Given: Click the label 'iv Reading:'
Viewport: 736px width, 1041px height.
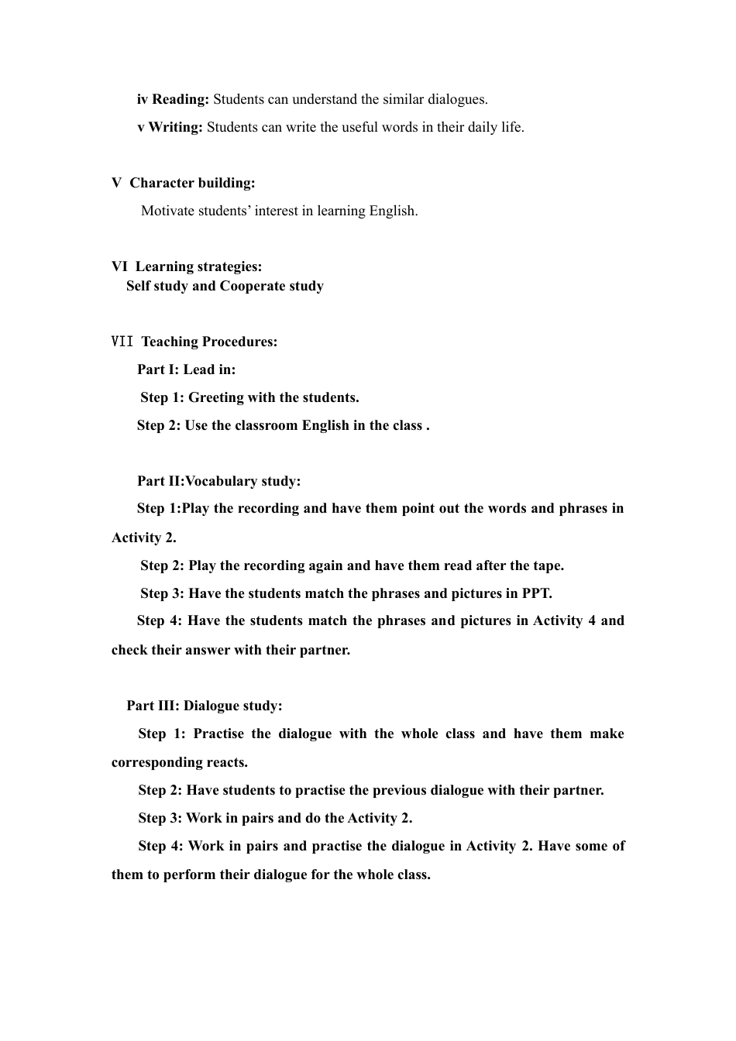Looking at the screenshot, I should tap(173, 99).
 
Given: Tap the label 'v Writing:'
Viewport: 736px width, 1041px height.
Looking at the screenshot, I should tap(170, 127).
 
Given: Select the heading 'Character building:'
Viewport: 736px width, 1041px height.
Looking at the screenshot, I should tap(192, 183).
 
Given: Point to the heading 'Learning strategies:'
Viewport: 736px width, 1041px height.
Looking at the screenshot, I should tap(198, 266).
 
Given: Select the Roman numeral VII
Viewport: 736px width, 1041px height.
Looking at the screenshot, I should tap(122, 342).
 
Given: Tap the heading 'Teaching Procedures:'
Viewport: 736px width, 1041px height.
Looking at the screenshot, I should tap(209, 342).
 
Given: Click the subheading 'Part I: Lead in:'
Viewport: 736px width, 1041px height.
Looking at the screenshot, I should tap(186, 369).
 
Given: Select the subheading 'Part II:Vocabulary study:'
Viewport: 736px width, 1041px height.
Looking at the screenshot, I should tap(218, 481).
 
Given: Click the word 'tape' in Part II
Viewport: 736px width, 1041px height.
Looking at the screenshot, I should tap(548, 565).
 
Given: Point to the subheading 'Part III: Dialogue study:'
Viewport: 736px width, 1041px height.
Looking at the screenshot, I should tap(205, 706).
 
